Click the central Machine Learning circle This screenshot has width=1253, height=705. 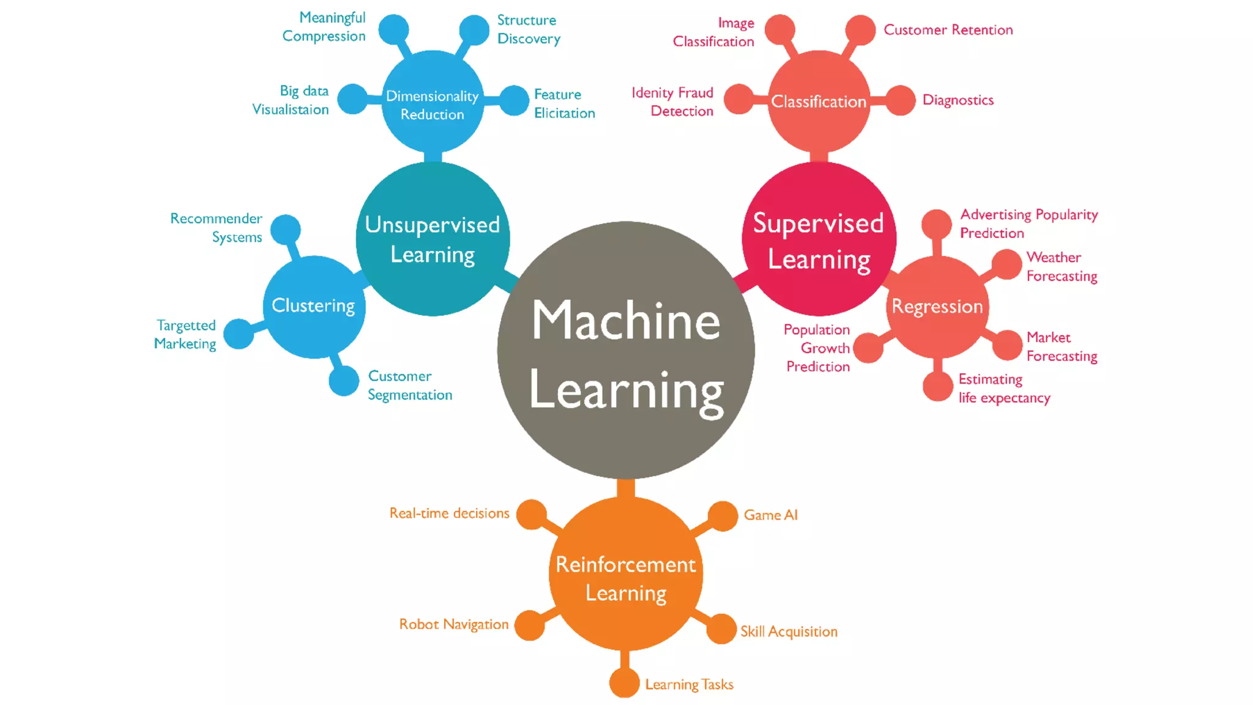click(626, 350)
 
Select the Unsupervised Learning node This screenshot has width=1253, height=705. click(433, 239)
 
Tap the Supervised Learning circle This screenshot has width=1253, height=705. click(819, 239)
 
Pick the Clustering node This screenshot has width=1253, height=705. click(314, 306)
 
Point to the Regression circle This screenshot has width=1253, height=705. click(937, 307)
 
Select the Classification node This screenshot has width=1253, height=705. click(819, 102)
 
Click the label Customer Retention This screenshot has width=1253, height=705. click(948, 30)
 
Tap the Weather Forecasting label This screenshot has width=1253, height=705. click(1062, 267)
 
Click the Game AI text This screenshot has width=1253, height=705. click(770, 515)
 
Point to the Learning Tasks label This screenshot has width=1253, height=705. click(689, 684)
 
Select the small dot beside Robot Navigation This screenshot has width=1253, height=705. click(530, 625)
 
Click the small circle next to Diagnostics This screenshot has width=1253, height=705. click(900, 100)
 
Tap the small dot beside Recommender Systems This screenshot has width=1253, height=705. click(286, 229)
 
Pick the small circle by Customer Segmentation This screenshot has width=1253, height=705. click(344, 381)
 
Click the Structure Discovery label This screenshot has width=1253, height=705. click(528, 29)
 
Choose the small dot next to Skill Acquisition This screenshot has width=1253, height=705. click(721, 629)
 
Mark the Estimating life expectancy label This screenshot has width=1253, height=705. click(1004, 389)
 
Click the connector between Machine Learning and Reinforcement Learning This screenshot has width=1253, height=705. click(625, 488)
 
